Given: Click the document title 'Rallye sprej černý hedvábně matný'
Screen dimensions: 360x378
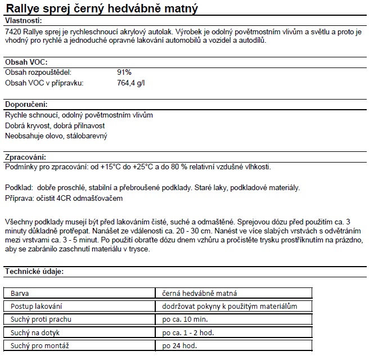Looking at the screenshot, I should click(101, 8).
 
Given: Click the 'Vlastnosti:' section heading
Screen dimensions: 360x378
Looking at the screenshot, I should click(24, 20).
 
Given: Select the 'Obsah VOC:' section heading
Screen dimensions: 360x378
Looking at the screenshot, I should click(25, 62).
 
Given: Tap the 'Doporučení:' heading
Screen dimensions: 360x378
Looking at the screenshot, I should click(26, 105).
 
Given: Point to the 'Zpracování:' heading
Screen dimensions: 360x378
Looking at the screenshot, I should click(25, 157).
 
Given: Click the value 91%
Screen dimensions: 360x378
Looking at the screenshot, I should click(124, 73).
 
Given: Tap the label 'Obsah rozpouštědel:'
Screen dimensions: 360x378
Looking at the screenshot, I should click(38, 73).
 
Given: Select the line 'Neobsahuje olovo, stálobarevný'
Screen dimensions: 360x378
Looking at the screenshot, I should click(56, 136).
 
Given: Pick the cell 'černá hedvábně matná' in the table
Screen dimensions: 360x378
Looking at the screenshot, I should click(199, 292).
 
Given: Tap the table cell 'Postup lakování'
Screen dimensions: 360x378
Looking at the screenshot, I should click(37, 306).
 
